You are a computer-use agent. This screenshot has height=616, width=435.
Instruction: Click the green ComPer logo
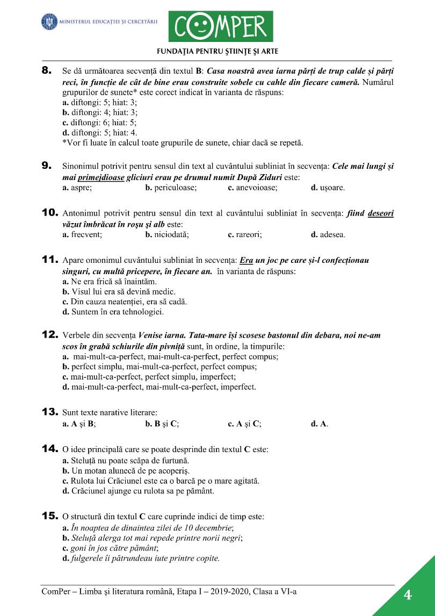pyautogui.click(x=221, y=26)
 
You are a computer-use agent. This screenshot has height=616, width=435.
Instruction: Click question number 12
pyautogui.click(x=49, y=335)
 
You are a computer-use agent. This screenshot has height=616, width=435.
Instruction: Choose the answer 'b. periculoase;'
pyautogui.click(x=171, y=188)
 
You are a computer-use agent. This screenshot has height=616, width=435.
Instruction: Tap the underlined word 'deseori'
pyautogui.click(x=380, y=213)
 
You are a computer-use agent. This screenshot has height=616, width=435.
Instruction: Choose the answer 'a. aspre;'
pyautogui.click(x=77, y=188)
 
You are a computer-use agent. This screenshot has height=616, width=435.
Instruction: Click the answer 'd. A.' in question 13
pyautogui.click(x=320, y=424)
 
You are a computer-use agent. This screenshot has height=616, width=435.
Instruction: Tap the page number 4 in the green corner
pyautogui.click(x=408, y=595)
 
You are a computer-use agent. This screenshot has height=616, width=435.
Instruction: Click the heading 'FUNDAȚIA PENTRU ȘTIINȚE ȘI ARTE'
pyautogui.click(x=218, y=52)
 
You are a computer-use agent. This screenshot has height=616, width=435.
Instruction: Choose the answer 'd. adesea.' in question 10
pyautogui.click(x=329, y=235)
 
